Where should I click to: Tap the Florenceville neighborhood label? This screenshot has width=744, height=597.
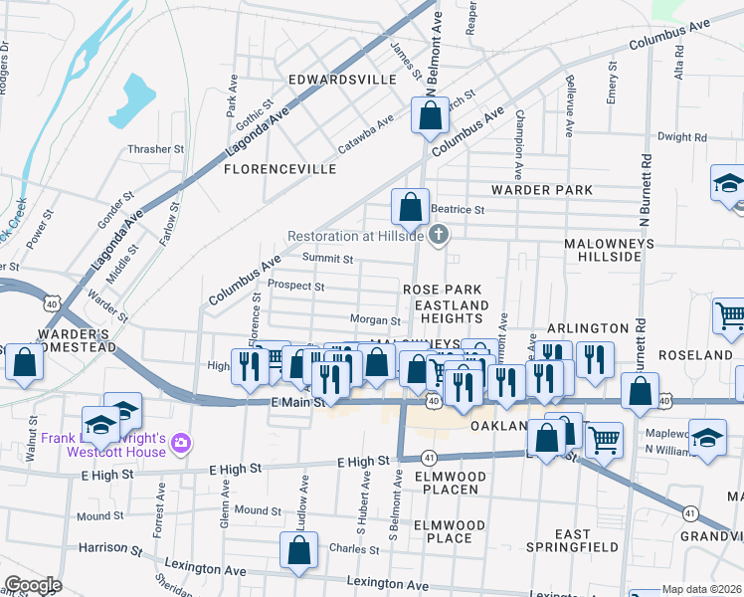[x=279, y=169]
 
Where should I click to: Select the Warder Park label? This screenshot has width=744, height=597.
[x=541, y=189]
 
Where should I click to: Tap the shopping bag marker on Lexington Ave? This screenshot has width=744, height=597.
[x=299, y=552]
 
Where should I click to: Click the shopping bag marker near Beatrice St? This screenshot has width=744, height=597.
[x=410, y=208]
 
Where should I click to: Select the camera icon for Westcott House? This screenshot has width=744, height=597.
[x=181, y=441]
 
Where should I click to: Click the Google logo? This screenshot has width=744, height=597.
[x=33, y=585]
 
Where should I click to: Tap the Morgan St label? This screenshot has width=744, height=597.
[x=375, y=320]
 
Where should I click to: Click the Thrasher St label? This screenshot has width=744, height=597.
[x=156, y=149]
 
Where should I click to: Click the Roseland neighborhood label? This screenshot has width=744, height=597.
[x=701, y=355]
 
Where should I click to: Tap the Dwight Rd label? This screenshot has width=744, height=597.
[x=681, y=137]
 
